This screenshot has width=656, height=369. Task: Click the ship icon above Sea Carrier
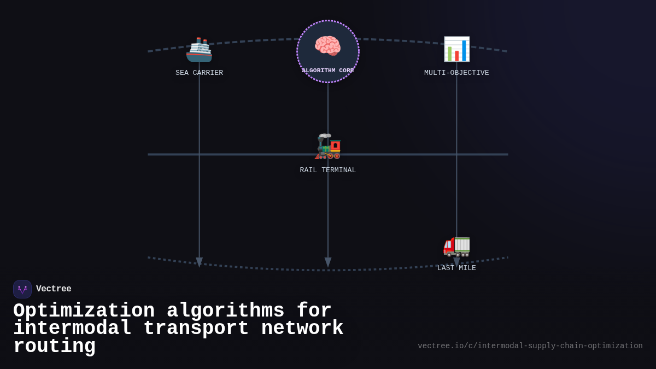[199, 50]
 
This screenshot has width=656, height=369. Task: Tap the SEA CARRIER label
[199, 73]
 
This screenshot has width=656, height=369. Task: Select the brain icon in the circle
[327, 46]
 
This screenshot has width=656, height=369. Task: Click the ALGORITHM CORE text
[327, 71]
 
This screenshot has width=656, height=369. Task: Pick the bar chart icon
[456, 49]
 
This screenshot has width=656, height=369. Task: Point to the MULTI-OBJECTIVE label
[456, 73]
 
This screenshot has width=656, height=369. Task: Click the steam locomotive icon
[328, 147]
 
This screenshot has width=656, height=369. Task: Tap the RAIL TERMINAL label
[327, 170]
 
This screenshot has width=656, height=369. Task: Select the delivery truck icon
[456, 245]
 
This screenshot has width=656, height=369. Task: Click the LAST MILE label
[456, 268]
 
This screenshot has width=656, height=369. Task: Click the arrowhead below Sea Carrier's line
[199, 262]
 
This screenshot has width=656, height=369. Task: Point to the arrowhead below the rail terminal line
[328, 262]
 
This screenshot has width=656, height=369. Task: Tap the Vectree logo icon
[22, 289]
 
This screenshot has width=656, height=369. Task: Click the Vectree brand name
[54, 289]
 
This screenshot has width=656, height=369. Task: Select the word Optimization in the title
[84, 311]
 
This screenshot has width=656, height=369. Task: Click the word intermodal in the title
[72, 329]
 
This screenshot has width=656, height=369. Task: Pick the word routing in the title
[54, 347]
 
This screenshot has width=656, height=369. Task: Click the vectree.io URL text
[530, 346]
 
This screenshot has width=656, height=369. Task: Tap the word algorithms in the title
[225, 311]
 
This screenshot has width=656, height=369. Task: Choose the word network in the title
[302, 329]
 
